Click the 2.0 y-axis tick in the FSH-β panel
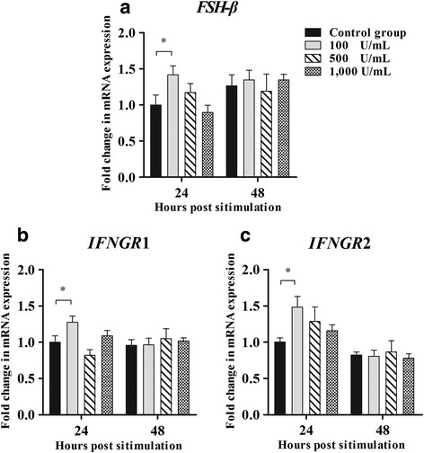pyautogui.click(x=100, y=33)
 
